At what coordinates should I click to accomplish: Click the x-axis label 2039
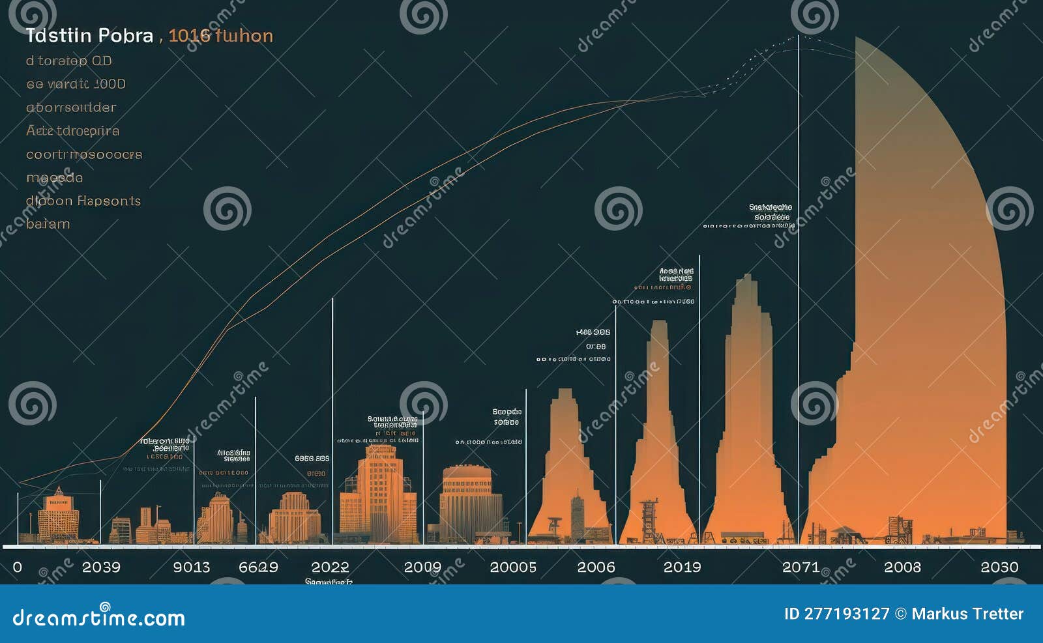pos(101,567)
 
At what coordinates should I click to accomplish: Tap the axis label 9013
pos(192,567)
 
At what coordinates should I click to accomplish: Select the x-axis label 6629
pos(258,567)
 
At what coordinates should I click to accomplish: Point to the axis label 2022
pos(330,567)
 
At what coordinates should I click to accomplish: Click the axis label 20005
pos(513,567)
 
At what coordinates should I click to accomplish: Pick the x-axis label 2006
pos(596,567)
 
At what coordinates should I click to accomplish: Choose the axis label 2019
pos(682,567)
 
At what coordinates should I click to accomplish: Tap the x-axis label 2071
pos(801,567)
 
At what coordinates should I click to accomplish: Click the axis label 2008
pos(902,567)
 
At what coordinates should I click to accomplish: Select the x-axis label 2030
pos(999,567)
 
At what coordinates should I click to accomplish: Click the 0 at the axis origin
pos(18,567)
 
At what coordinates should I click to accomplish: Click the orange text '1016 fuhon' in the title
pos(220,35)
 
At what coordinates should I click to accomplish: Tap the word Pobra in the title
pos(124,35)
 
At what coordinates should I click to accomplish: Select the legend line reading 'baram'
pos(48,223)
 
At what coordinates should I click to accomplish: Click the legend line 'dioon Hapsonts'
pos(83,201)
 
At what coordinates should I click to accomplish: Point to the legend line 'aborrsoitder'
pos(71,107)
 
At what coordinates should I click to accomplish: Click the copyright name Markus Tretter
pos(967,614)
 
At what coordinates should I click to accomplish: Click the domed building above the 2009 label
pos(469,502)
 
